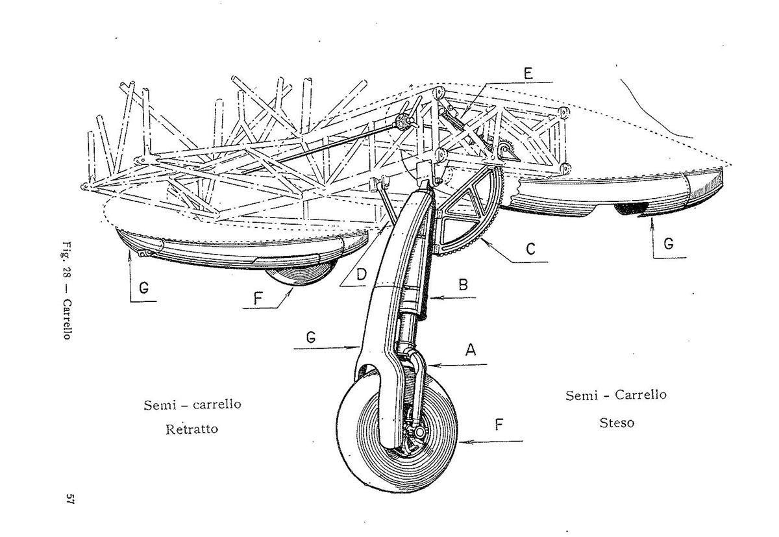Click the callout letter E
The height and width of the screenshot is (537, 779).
(x=528, y=72)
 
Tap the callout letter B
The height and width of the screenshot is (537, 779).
(x=463, y=284)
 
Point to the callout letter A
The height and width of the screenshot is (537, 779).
(x=472, y=350)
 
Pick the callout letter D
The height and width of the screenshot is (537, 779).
(x=362, y=274)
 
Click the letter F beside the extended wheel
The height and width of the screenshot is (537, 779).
(x=499, y=425)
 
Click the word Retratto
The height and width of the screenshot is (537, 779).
(x=192, y=429)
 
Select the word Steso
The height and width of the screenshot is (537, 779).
(x=616, y=423)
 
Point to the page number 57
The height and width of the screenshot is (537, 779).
(x=70, y=499)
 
